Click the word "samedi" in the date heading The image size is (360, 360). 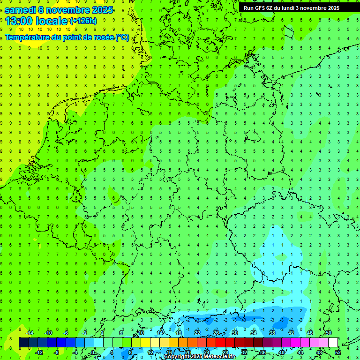point(22,10)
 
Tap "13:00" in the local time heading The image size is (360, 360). point(18,21)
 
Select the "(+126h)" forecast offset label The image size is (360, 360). point(83,21)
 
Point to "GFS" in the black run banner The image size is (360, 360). point(260,8)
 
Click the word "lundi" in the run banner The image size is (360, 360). point(295,8)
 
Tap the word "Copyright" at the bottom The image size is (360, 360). point(176,357)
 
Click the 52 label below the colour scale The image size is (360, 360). point(337,352)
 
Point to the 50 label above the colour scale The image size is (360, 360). point(329,333)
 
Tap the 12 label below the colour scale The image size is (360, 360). point(150,352)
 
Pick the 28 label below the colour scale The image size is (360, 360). point(225,352)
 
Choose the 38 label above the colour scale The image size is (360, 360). point(272,333)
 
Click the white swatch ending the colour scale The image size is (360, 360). point(333,343)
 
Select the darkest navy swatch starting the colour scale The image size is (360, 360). point(23,343)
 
